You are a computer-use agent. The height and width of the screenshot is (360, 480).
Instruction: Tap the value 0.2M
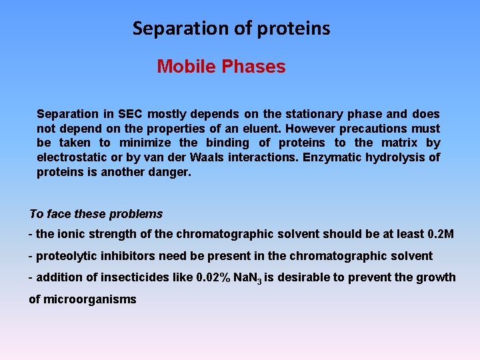(x=439, y=234)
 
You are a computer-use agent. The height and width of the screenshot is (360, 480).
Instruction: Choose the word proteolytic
(x=65, y=256)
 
